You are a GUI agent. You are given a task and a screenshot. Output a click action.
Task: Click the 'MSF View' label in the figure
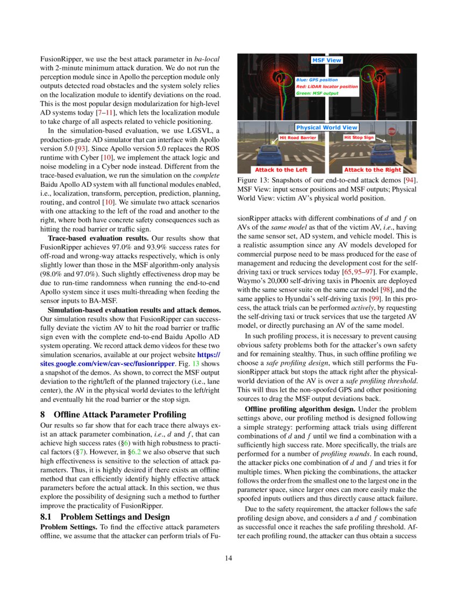[327, 60]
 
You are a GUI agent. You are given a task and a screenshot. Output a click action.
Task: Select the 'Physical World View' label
[327, 128]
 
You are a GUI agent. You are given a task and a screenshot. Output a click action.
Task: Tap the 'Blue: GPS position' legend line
[317, 80]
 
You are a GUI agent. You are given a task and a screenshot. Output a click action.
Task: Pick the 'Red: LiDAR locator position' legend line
[326, 86]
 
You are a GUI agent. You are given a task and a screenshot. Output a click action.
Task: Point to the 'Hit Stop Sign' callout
[359, 137]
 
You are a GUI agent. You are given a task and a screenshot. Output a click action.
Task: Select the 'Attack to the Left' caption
[281, 170]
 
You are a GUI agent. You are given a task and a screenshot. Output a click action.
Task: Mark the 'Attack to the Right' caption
[372, 170]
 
